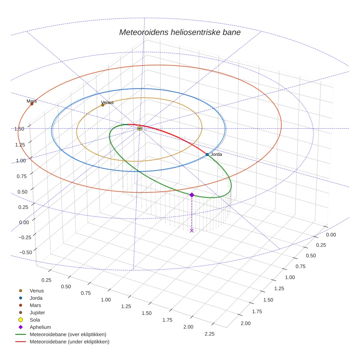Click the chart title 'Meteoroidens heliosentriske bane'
pyautogui.click(x=180, y=32)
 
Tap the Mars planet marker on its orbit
pyautogui.click(x=32, y=104)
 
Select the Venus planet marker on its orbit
pyautogui.click(x=103, y=105)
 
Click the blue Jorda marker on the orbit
pyautogui.click(x=207, y=154)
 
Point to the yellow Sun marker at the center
pyautogui.click(x=140, y=128)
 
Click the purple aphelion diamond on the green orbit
pyautogui.click(x=192, y=195)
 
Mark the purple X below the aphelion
pyautogui.click(x=192, y=230)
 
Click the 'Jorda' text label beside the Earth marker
pyautogui.click(x=216, y=154)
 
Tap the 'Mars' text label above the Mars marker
pyautogui.click(x=32, y=101)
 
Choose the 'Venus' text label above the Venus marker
pyautogui.click(x=107, y=102)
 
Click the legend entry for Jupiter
pyautogui.click(x=37, y=313)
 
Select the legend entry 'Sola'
pyautogui.click(x=35, y=320)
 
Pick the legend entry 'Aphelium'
pyautogui.click(x=40, y=327)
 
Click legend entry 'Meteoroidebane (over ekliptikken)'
pyautogui.click(x=68, y=335)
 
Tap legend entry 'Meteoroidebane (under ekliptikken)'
pyautogui.click(x=69, y=342)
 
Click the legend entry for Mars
pyautogui.click(x=35, y=305)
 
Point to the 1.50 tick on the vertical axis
pyautogui.click(x=19, y=129)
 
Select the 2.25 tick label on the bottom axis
pyautogui.click(x=210, y=334)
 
